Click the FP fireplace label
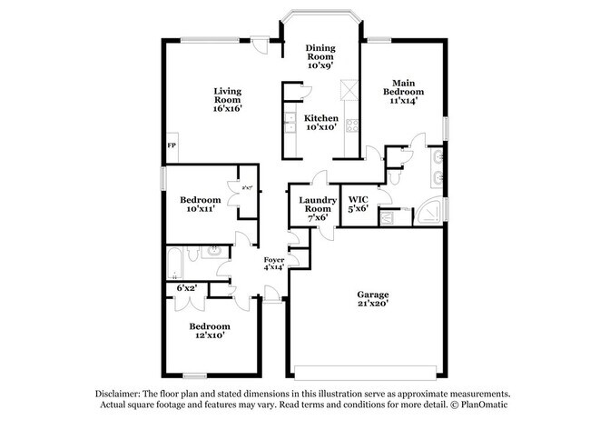coord(171,145)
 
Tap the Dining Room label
coord(321,56)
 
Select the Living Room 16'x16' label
coord(228,99)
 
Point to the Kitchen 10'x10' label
coord(321,123)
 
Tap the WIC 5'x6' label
coord(357,203)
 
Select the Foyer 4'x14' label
coord(273,264)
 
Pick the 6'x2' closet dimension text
coord(186,288)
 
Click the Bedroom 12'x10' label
coord(209,330)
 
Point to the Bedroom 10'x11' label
coord(200,205)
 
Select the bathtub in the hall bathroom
coord(174,265)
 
